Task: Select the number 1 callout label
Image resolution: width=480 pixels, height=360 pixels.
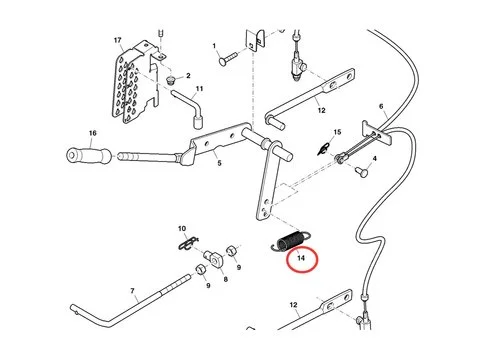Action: [214, 46]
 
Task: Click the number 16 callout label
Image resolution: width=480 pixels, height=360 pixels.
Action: [92, 133]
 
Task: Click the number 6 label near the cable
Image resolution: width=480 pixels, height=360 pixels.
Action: [381, 106]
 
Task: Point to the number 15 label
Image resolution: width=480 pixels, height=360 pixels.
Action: [337, 132]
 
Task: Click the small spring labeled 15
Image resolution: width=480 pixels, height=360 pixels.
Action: [322, 147]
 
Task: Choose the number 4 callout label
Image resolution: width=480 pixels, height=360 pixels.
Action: [374, 159]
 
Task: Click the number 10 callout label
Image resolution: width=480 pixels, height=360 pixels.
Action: [181, 229]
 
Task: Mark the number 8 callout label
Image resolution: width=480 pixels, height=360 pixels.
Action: [225, 280]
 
